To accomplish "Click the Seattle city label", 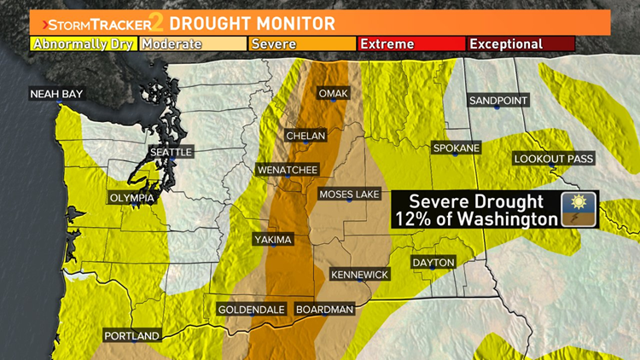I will point(172,152).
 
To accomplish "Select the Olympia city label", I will point(132,198).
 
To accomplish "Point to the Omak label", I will point(333,93).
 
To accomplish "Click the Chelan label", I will point(305,136).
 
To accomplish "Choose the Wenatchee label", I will point(288,170).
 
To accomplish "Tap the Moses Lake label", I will point(349,195).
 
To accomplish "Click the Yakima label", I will point(273,240).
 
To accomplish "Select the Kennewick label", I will point(360,274).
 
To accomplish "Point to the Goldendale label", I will point(251,309).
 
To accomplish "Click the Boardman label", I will point(323,309).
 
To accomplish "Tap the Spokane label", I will point(457,148).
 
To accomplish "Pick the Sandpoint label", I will point(499,101).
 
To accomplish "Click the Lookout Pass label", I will point(553,159).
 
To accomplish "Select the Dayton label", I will point(433,262).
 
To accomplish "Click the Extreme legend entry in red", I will point(410,44).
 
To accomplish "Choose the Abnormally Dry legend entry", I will point(83,44).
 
